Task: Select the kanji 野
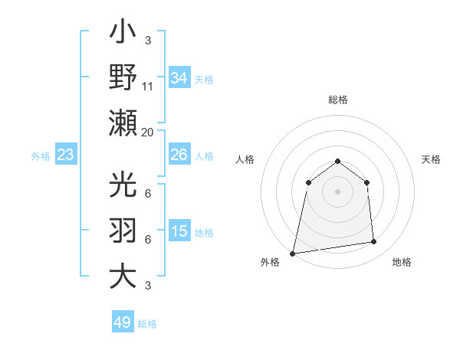tap(123, 77)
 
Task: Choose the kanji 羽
tap(123, 230)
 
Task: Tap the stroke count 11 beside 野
tap(148, 87)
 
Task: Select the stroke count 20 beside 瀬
tap(148, 132)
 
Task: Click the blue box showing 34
tap(179, 77)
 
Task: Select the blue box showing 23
tap(66, 155)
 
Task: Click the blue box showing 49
tap(123, 322)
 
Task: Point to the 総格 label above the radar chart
tap(337, 100)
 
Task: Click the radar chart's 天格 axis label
tap(431, 159)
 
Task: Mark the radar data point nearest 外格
tap(293, 253)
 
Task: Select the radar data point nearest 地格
tap(374, 242)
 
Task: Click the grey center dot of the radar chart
tap(337, 191)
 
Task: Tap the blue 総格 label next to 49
tap(147, 324)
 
